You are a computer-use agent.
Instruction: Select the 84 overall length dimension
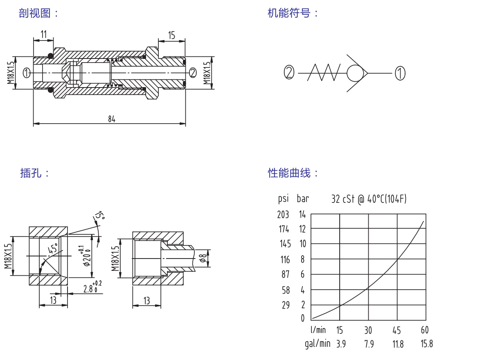coord(112,119)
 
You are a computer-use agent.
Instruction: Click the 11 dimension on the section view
coord(44,34)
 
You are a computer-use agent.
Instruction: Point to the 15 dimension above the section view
coord(171,35)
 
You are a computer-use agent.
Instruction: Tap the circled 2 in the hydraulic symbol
coord(289,73)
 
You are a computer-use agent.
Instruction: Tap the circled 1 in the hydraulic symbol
coord(400,73)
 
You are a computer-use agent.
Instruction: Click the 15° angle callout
coord(99,216)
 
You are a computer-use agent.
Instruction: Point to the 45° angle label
coord(52,248)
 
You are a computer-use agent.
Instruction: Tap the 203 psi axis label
coord(283,214)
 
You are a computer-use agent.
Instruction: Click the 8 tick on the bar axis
coord(303,259)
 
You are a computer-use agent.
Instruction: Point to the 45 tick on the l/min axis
coord(396,330)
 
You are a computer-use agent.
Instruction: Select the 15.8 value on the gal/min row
coord(426,344)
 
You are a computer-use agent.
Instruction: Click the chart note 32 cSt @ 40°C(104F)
coord(369,199)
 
